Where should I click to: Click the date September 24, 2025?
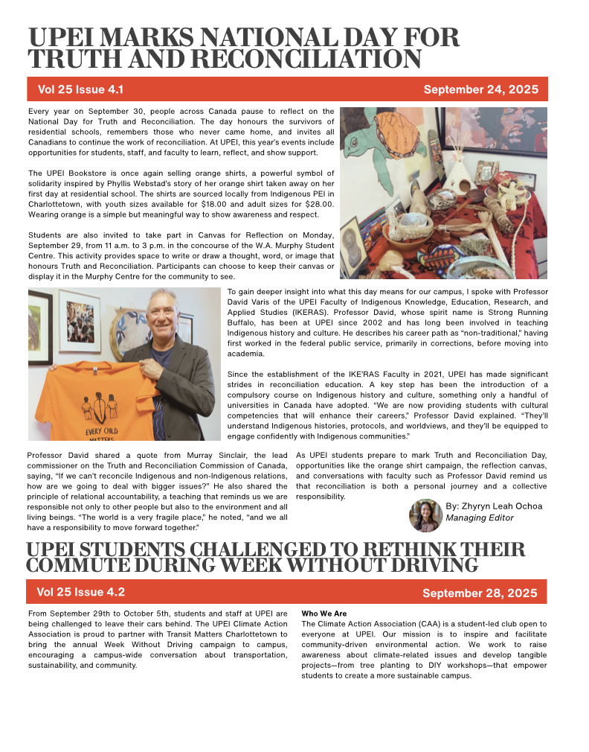tap(480, 89)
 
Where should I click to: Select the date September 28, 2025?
tap(480, 593)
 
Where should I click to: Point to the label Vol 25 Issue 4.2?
tap(80, 592)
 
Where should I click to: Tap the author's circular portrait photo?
tap(425, 515)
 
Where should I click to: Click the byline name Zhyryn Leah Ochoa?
tap(494, 506)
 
